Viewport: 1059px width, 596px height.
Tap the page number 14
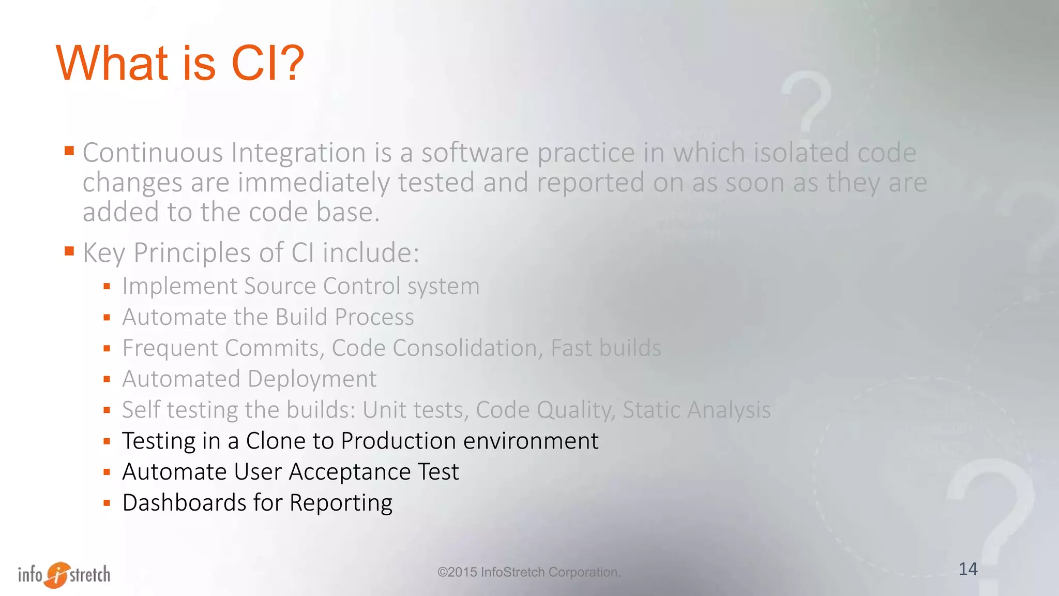coord(967,569)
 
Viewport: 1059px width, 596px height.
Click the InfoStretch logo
coord(64,574)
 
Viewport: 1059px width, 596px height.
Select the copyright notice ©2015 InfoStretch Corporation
coord(528,572)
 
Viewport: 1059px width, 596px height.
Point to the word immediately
coord(313,183)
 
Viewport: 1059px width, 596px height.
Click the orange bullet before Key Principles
coord(69,251)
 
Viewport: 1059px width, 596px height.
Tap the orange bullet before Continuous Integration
coord(69,151)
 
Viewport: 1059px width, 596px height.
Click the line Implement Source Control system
coord(300,286)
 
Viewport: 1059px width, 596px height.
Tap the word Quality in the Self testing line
coord(574,410)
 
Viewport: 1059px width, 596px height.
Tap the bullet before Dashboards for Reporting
coord(107,503)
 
